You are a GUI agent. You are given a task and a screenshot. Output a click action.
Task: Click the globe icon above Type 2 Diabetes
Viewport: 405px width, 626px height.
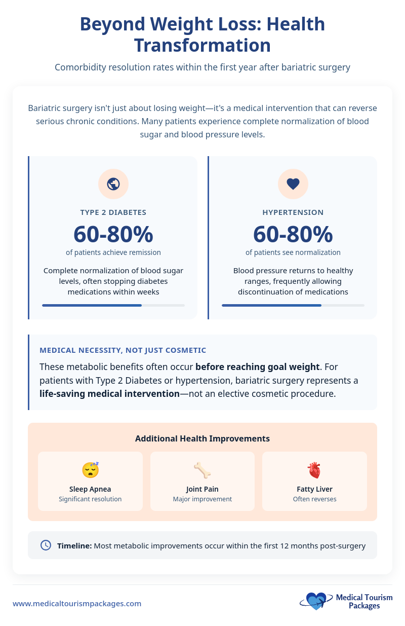click(113, 184)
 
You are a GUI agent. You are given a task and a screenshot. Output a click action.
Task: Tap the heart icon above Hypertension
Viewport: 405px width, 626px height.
click(293, 184)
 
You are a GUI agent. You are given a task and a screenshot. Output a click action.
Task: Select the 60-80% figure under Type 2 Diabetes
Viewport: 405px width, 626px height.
click(113, 234)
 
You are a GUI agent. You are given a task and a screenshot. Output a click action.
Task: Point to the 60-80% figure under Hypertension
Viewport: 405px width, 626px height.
click(293, 234)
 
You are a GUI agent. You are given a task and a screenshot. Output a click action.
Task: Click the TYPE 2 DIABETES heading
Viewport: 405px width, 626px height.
click(113, 212)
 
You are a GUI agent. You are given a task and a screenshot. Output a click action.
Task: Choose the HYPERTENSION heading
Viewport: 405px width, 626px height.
click(293, 212)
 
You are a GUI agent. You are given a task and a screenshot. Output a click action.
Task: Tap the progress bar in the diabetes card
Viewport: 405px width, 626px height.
click(113, 305)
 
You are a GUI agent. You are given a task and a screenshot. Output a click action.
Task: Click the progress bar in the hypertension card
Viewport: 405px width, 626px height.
click(293, 305)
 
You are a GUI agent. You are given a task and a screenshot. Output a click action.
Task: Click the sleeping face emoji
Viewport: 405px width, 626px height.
click(90, 470)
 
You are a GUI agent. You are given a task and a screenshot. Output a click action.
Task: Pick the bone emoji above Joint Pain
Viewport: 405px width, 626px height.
click(202, 470)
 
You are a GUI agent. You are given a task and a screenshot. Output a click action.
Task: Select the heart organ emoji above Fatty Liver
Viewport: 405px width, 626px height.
click(314, 470)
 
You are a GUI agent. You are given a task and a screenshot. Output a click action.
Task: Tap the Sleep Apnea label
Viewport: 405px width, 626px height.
click(90, 489)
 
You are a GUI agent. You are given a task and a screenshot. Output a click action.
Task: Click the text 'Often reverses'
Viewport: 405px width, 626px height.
click(314, 499)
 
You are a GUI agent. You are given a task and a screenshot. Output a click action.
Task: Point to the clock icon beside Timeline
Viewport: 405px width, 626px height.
click(46, 545)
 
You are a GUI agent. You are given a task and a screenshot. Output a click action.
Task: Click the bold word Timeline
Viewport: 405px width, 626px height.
click(74, 545)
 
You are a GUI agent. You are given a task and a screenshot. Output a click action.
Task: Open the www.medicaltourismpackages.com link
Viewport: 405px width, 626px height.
click(77, 603)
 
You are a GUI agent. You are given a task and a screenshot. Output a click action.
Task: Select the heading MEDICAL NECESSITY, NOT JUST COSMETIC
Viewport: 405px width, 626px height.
click(123, 350)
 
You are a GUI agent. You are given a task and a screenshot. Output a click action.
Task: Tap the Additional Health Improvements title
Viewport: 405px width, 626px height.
click(202, 438)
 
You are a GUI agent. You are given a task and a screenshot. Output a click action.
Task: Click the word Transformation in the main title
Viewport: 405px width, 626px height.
click(202, 45)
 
